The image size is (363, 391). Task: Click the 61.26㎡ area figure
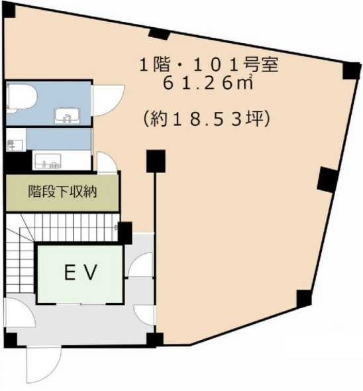[208, 84]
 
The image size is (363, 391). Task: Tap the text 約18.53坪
[206, 119]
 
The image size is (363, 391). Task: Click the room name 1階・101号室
[209, 66]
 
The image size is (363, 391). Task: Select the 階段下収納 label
[62, 192]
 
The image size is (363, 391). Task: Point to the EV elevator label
[80, 272]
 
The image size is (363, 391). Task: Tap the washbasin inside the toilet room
[67, 115]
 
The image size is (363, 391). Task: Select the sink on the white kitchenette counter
[48, 161]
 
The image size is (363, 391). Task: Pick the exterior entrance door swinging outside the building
[44, 368]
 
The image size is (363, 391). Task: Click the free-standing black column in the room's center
[156, 161]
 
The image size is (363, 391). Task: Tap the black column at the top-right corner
[352, 70]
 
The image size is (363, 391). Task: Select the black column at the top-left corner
[9, 11]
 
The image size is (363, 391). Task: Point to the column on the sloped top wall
[160, 34]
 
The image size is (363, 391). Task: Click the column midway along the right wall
[327, 180]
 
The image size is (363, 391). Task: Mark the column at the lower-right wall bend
[304, 298]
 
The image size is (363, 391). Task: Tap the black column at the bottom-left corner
[11, 339]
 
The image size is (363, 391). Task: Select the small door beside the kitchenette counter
[107, 162]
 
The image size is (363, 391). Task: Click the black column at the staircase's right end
[125, 233]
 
